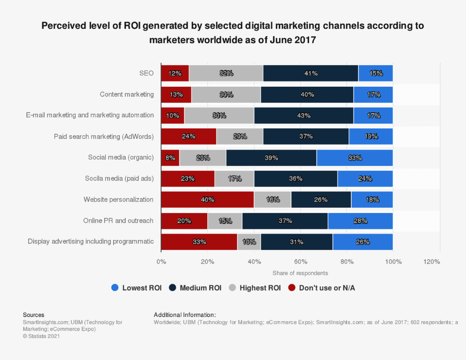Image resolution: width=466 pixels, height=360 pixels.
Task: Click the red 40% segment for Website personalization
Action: pos(207,199)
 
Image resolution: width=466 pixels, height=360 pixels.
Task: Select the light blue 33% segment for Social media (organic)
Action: pos(354,158)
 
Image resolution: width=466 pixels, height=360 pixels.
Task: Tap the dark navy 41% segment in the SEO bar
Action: pos(311,73)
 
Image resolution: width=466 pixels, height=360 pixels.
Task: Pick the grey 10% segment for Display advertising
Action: pos(249,242)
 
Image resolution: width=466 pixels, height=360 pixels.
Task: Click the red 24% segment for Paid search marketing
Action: pos(188,136)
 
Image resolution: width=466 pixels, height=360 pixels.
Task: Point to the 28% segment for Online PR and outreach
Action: pos(360,221)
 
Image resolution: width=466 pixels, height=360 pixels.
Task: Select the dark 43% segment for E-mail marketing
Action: pos(303,115)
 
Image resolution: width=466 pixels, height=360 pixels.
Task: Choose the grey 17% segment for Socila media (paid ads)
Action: pos(234,179)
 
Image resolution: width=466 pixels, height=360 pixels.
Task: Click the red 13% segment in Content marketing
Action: pos(176,95)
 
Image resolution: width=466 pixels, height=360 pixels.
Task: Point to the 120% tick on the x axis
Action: pos(432,262)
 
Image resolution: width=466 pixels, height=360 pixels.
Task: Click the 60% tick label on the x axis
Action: pos(300,262)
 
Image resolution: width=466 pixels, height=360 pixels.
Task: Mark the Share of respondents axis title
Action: pos(300,273)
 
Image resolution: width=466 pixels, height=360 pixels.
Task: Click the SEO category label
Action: pos(146,73)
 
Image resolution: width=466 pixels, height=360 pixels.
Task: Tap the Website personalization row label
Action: pos(118,199)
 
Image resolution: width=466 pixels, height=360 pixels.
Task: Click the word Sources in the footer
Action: pos(33,315)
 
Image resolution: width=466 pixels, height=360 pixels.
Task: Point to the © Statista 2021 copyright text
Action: pos(41,336)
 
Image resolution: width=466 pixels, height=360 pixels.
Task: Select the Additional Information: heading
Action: pos(184,315)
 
